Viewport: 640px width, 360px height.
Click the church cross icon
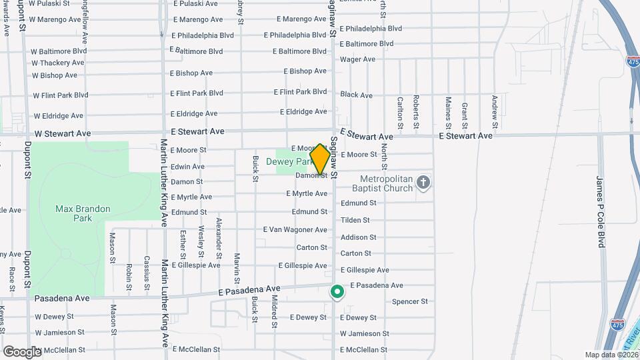point(423,182)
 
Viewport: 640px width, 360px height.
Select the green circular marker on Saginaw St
point(337,291)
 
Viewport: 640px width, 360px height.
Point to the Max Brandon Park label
point(83,213)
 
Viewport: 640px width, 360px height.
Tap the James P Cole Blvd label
point(600,211)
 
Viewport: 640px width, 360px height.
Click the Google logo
point(22,351)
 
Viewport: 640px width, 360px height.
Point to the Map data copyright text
point(611,355)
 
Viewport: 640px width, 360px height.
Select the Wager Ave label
point(357,59)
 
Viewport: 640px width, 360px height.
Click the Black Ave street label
point(356,95)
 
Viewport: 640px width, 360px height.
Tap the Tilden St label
point(355,220)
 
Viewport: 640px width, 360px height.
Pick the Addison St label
point(358,237)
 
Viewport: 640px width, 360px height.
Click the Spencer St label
point(410,301)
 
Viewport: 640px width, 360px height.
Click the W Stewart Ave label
point(63,133)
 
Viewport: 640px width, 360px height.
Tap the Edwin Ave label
point(187,167)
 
